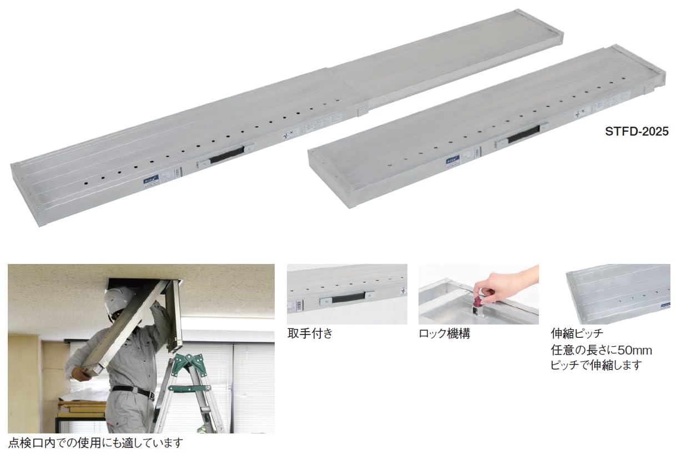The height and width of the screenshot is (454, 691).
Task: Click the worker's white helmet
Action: (x=120, y=297)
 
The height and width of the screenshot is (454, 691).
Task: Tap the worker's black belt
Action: (x=133, y=391)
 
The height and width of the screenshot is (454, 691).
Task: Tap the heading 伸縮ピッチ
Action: (x=577, y=334)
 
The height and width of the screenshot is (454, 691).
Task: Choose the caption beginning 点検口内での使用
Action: (x=95, y=443)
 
